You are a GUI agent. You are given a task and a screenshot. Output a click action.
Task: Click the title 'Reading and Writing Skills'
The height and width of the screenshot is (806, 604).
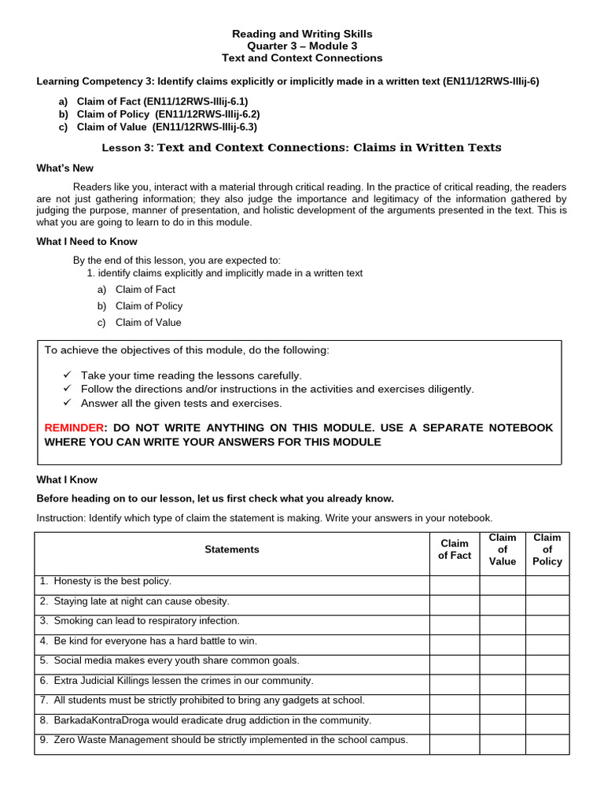(x=302, y=34)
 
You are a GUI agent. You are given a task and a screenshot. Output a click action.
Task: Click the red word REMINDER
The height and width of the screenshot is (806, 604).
(x=74, y=427)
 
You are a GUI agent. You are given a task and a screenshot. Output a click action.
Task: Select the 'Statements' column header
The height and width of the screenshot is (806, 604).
(x=231, y=549)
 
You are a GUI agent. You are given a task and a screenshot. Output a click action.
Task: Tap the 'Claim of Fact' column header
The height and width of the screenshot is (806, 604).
(x=455, y=549)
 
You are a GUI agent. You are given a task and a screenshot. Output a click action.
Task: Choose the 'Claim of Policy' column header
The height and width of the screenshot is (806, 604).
(x=547, y=549)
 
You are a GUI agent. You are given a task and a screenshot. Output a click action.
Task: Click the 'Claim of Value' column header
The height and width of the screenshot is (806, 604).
(x=503, y=549)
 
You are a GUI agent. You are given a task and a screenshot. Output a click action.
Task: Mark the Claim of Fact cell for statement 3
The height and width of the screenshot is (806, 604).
(x=455, y=625)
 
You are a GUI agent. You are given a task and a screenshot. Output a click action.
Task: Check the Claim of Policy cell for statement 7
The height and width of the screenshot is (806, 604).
(x=547, y=704)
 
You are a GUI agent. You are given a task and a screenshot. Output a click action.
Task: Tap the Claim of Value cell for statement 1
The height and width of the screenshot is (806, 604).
(x=503, y=585)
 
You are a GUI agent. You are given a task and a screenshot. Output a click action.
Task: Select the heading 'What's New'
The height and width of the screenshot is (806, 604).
(x=64, y=168)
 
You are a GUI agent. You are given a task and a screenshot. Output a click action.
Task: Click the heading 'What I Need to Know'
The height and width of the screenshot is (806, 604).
(x=87, y=242)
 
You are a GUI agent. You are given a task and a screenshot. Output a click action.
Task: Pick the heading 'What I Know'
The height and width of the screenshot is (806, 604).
(x=67, y=479)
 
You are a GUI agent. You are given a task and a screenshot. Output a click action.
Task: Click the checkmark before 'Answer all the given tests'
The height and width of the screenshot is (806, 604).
(x=66, y=403)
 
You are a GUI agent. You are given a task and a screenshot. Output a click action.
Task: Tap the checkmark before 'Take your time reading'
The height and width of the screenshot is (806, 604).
(x=66, y=375)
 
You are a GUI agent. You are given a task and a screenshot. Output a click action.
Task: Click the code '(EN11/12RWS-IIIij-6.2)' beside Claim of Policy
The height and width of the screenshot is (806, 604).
(x=208, y=114)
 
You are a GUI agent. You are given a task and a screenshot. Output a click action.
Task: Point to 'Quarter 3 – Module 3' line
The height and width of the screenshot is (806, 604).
(x=302, y=46)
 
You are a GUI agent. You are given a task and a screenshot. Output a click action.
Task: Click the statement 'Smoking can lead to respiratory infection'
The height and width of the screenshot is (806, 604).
(x=146, y=621)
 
